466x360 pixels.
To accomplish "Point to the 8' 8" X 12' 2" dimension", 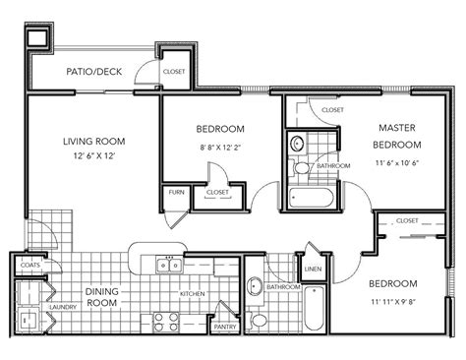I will (221, 148).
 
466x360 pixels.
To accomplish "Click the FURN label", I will (177, 192).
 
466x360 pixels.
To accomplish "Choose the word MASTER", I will (397, 127).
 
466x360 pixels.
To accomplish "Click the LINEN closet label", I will (314, 268).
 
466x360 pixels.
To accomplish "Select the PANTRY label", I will (225, 326).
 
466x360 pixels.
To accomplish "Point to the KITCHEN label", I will (192, 294).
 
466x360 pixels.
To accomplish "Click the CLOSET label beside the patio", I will (175, 71).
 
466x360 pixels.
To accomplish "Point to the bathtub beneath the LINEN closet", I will (314, 310).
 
